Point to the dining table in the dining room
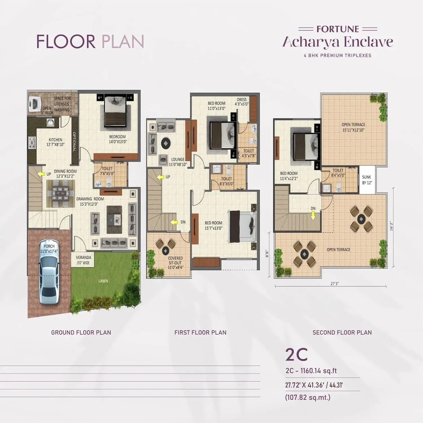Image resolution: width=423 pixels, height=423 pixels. (61, 194)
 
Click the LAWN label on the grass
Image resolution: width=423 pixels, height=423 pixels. (103, 281)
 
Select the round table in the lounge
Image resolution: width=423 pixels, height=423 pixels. (166, 144)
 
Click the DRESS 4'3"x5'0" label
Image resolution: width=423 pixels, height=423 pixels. (242, 102)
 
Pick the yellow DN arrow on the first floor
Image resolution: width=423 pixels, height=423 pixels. (174, 222)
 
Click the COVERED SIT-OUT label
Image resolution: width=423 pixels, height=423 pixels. (175, 263)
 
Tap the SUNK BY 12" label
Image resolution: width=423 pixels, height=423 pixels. (367, 180)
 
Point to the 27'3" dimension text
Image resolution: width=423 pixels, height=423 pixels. (334, 284)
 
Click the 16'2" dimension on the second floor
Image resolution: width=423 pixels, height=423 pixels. (391, 225)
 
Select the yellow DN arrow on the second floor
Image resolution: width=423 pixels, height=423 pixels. (313, 216)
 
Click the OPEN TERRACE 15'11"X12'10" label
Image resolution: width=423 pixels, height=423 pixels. (353, 127)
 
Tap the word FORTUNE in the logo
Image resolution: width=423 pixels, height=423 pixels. (338, 29)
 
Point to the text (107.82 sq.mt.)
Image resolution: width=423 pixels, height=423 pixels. (308, 397)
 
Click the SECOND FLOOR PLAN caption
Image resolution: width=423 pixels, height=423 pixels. (342, 332)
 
